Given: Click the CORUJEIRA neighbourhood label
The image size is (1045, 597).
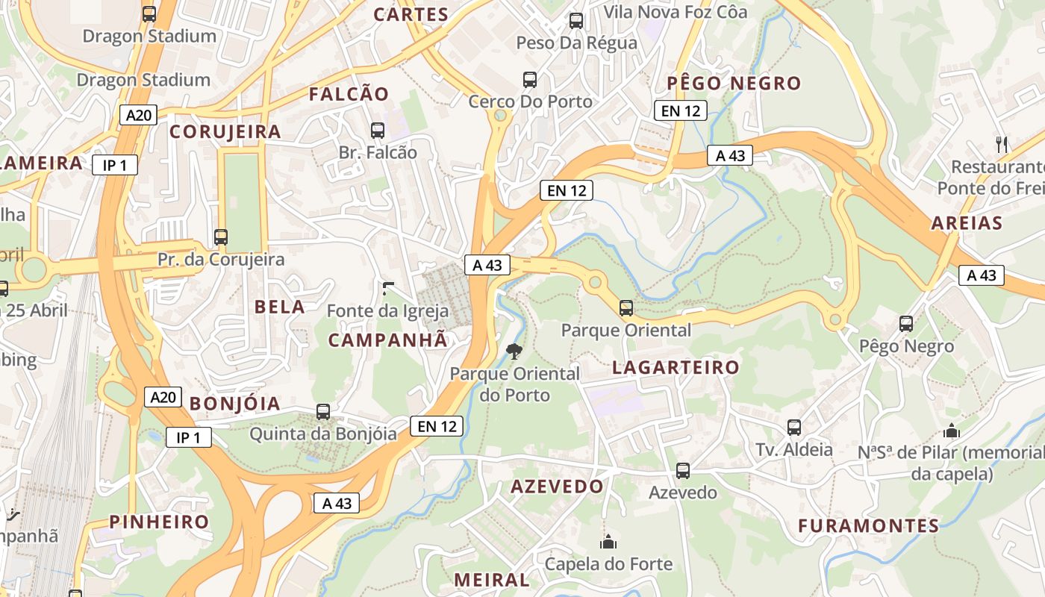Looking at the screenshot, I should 225,132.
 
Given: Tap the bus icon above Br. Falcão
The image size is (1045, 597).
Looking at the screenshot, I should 378,131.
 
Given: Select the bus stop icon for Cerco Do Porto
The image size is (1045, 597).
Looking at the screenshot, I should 530,80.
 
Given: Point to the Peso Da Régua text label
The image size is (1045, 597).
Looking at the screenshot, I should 577,43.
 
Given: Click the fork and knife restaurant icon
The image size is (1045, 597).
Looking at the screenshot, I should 1002,144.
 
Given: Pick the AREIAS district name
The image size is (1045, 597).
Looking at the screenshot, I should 967,223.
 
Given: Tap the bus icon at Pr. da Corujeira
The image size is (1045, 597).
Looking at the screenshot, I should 221,237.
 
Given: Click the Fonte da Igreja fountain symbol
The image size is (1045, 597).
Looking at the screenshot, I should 387,289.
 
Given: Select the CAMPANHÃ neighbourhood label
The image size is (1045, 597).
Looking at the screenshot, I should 388,340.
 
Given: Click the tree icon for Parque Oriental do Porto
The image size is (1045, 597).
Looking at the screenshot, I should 514,351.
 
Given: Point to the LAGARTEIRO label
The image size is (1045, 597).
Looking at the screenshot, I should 676,367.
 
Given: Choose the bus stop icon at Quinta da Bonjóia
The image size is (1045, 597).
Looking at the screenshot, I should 323,411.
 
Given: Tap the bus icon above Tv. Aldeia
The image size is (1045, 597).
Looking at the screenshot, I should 794,428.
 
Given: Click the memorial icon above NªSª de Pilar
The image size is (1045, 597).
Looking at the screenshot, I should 952,431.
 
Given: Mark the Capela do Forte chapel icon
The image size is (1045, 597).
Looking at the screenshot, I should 608,542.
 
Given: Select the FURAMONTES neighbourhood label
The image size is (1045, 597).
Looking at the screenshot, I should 869,526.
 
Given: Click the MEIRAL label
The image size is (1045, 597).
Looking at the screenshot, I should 492,580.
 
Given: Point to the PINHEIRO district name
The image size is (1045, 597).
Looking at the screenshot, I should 160,522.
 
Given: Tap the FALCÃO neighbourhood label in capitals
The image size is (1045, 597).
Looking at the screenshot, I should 349,94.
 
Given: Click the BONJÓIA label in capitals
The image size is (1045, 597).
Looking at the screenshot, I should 235,404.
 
